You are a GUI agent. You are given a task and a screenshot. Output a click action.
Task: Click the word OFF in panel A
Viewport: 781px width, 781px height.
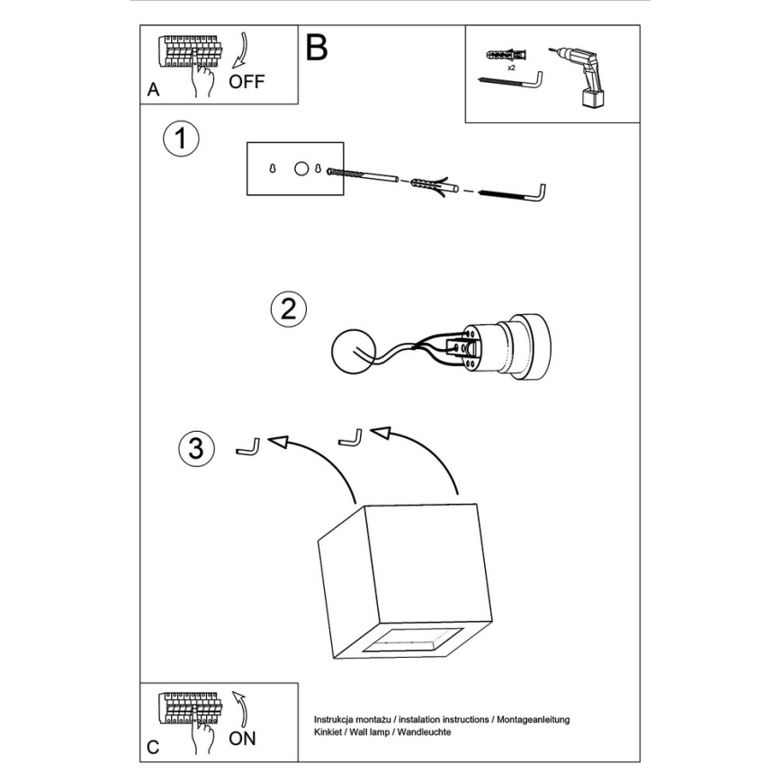247,82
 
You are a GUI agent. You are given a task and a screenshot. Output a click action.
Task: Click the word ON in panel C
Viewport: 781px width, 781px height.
242,739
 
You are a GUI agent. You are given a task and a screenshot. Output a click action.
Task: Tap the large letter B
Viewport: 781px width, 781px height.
317,48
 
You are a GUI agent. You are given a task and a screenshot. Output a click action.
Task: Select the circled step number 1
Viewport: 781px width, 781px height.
181,139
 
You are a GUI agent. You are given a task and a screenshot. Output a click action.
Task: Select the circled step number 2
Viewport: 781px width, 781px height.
288,310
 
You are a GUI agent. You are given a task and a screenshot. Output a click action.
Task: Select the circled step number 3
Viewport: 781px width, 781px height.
196,447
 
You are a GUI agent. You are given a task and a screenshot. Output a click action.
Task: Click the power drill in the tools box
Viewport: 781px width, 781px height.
581,72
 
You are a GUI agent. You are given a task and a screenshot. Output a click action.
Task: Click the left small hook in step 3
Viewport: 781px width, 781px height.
247,445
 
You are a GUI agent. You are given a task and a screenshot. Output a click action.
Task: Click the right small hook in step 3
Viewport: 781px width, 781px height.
350,436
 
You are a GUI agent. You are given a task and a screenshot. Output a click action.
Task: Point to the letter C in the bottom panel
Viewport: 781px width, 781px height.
153,747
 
